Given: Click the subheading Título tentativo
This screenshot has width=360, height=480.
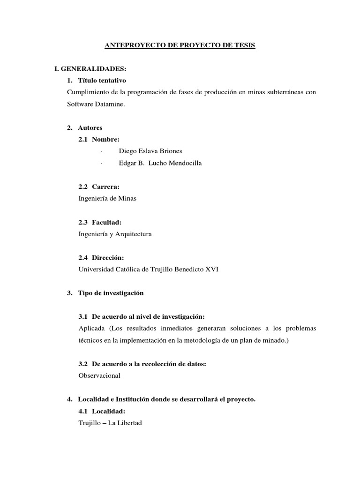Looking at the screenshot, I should click(102, 81).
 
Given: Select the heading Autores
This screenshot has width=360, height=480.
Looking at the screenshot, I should click(90, 127).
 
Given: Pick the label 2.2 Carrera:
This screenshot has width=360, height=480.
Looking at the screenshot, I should click(99, 187).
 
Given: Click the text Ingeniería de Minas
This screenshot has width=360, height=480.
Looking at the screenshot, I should click(108, 198).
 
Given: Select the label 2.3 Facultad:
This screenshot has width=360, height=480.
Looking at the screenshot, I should click(100, 222).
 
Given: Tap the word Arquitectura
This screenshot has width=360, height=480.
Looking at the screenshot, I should click(134, 234).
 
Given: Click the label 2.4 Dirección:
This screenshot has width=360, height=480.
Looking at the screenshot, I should click(101, 257).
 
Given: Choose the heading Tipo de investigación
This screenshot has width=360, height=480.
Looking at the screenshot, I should click(111, 293).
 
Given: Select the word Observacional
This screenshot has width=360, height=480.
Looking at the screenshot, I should click(99, 375).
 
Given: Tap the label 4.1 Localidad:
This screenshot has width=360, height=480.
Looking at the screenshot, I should click(102, 411).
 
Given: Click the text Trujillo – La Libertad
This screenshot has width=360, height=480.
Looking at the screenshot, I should click(110, 423).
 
